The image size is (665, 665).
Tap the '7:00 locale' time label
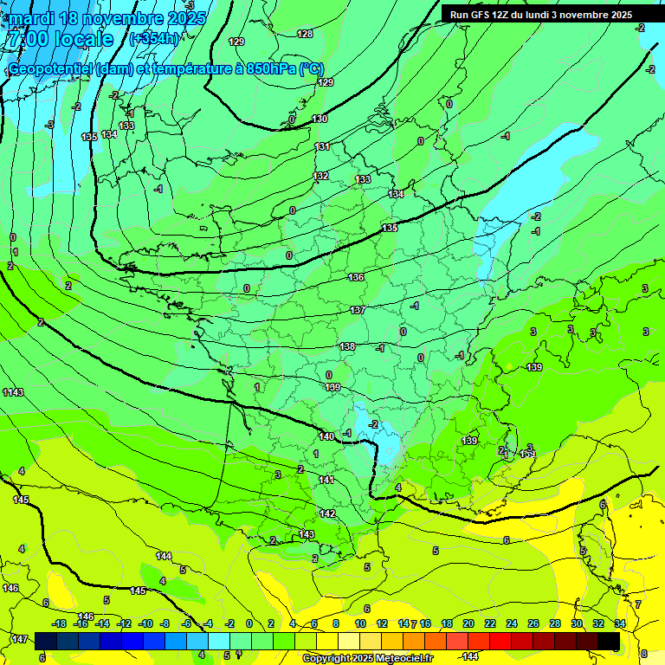[60, 39]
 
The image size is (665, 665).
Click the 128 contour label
[305, 34]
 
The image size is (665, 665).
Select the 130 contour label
[320, 119]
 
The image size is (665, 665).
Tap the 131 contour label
[322, 146]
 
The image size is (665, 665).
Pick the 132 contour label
[320, 176]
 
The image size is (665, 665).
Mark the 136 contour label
[356, 277]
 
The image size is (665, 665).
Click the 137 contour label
[358, 310]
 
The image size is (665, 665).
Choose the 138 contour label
[347, 346]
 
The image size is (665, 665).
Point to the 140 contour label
[326, 436]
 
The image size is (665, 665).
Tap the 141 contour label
[326, 480]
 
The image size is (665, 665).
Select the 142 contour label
[327, 513]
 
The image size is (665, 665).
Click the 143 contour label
[307, 534]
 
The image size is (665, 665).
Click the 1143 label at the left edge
[13, 393]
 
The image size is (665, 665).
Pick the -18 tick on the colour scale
[59, 623]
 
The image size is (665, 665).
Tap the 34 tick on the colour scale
[619, 623]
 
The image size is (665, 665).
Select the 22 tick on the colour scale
[489, 623]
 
